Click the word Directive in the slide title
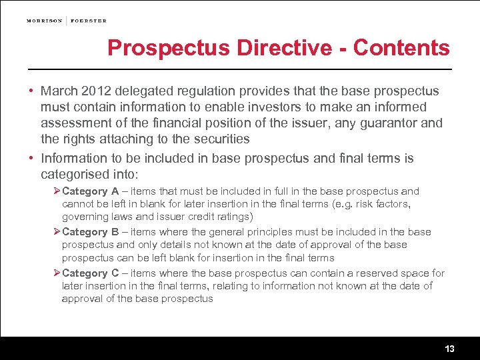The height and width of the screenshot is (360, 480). tap(291, 48)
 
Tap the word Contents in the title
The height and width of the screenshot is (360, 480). tap(401, 48)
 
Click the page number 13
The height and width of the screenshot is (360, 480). tap(449, 349)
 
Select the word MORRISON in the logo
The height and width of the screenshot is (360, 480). tap(44, 21)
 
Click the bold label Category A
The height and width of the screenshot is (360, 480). tap(90, 191)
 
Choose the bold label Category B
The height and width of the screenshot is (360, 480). tap(90, 232)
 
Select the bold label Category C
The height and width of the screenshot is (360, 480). tap(90, 273)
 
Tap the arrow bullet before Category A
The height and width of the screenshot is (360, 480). tap(57, 191)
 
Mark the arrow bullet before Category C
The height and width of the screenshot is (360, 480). tap(57, 273)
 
